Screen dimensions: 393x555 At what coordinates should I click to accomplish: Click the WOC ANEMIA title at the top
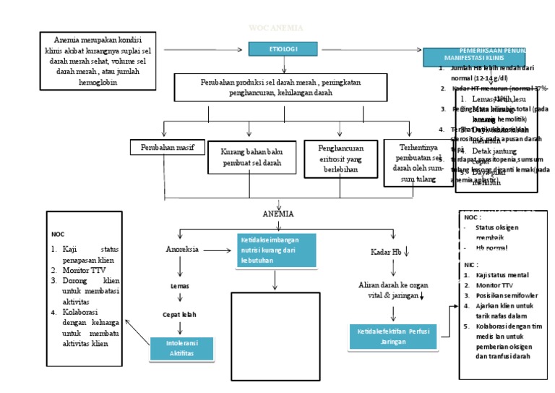tap(276, 28)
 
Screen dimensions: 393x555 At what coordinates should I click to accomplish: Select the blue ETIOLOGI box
tap(283, 48)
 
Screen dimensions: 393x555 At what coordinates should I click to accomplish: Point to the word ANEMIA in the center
tap(277, 214)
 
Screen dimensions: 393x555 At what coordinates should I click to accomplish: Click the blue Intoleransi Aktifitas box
tap(181, 347)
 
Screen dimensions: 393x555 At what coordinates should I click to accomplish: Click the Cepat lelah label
tap(178, 315)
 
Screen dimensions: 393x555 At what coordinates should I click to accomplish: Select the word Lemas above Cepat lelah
tap(179, 286)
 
